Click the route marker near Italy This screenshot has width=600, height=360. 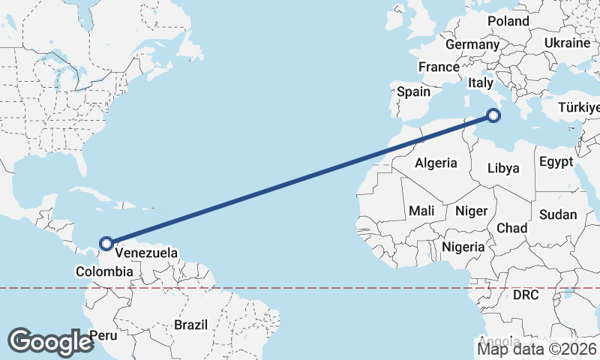493,115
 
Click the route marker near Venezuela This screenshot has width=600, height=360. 106,243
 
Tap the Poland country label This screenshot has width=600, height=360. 508,21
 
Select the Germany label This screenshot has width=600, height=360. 472,45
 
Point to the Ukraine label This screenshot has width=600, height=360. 567,43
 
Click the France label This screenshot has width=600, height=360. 439,67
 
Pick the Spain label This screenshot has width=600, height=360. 414,92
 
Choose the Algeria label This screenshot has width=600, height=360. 436,163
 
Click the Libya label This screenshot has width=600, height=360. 502,168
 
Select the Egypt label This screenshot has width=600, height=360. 556,162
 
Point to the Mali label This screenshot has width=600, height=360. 422,211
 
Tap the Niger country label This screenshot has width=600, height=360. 472,211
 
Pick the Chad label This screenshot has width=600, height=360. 512,228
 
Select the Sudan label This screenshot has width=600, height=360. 558,215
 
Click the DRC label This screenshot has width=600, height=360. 526,295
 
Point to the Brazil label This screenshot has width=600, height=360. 190,325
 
